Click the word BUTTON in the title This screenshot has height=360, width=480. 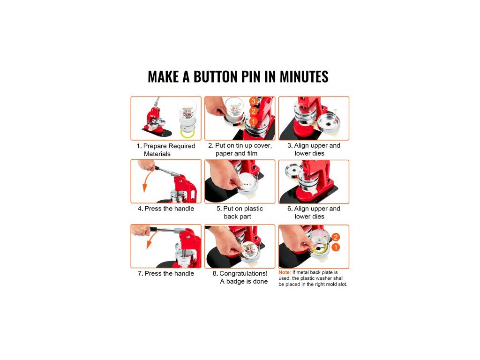[x=216, y=76]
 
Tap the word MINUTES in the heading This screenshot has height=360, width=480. [x=304, y=76]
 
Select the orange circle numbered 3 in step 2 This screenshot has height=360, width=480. [x=253, y=101]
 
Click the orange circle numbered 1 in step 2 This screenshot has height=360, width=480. [x=253, y=121]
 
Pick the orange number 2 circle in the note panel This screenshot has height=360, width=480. [x=336, y=237]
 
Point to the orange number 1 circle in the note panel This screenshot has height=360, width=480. [x=336, y=247]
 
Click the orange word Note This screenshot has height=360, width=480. [x=284, y=272]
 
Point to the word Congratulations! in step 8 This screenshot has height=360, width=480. [x=243, y=273]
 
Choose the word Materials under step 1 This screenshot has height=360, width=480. [x=157, y=154]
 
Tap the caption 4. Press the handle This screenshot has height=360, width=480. [x=166, y=209]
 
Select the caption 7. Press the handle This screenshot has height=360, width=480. [x=166, y=273]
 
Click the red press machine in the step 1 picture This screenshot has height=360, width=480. [x=156, y=120]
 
